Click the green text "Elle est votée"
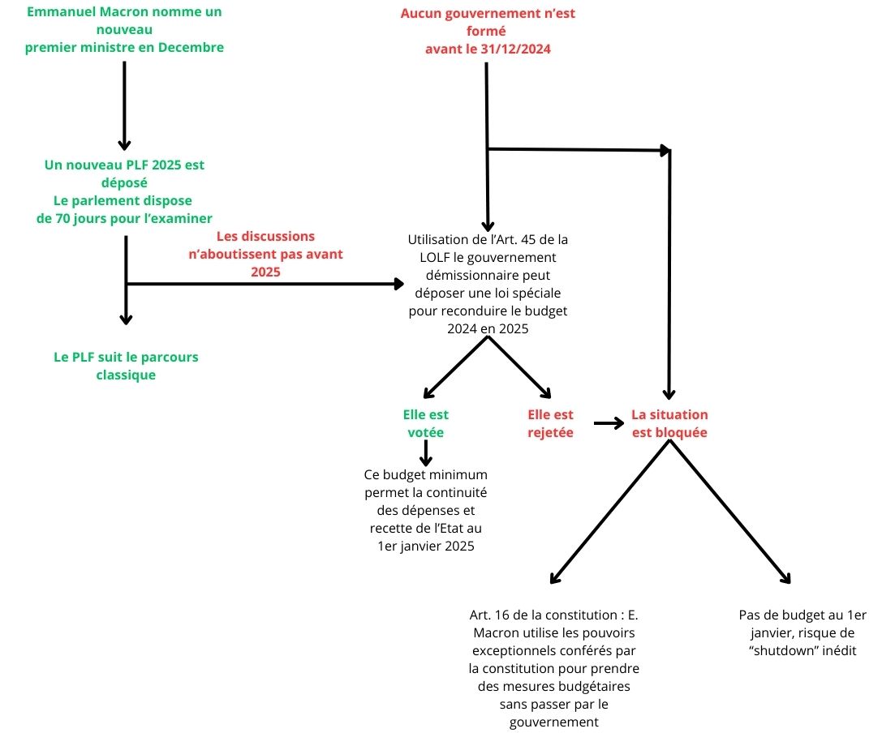coord(425,423)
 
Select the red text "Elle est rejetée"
coord(550,423)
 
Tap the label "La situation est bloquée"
coord(669,423)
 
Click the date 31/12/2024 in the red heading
coord(510,49)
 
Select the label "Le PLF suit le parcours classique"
coord(126,366)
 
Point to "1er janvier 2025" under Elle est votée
coord(426,547)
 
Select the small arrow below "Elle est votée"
coord(425,453)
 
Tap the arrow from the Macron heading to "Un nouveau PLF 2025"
coord(124,105)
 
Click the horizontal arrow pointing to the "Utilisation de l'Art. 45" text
coord(268,284)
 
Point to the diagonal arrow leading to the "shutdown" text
coord(730,515)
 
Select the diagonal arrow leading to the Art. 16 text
coord(609,515)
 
